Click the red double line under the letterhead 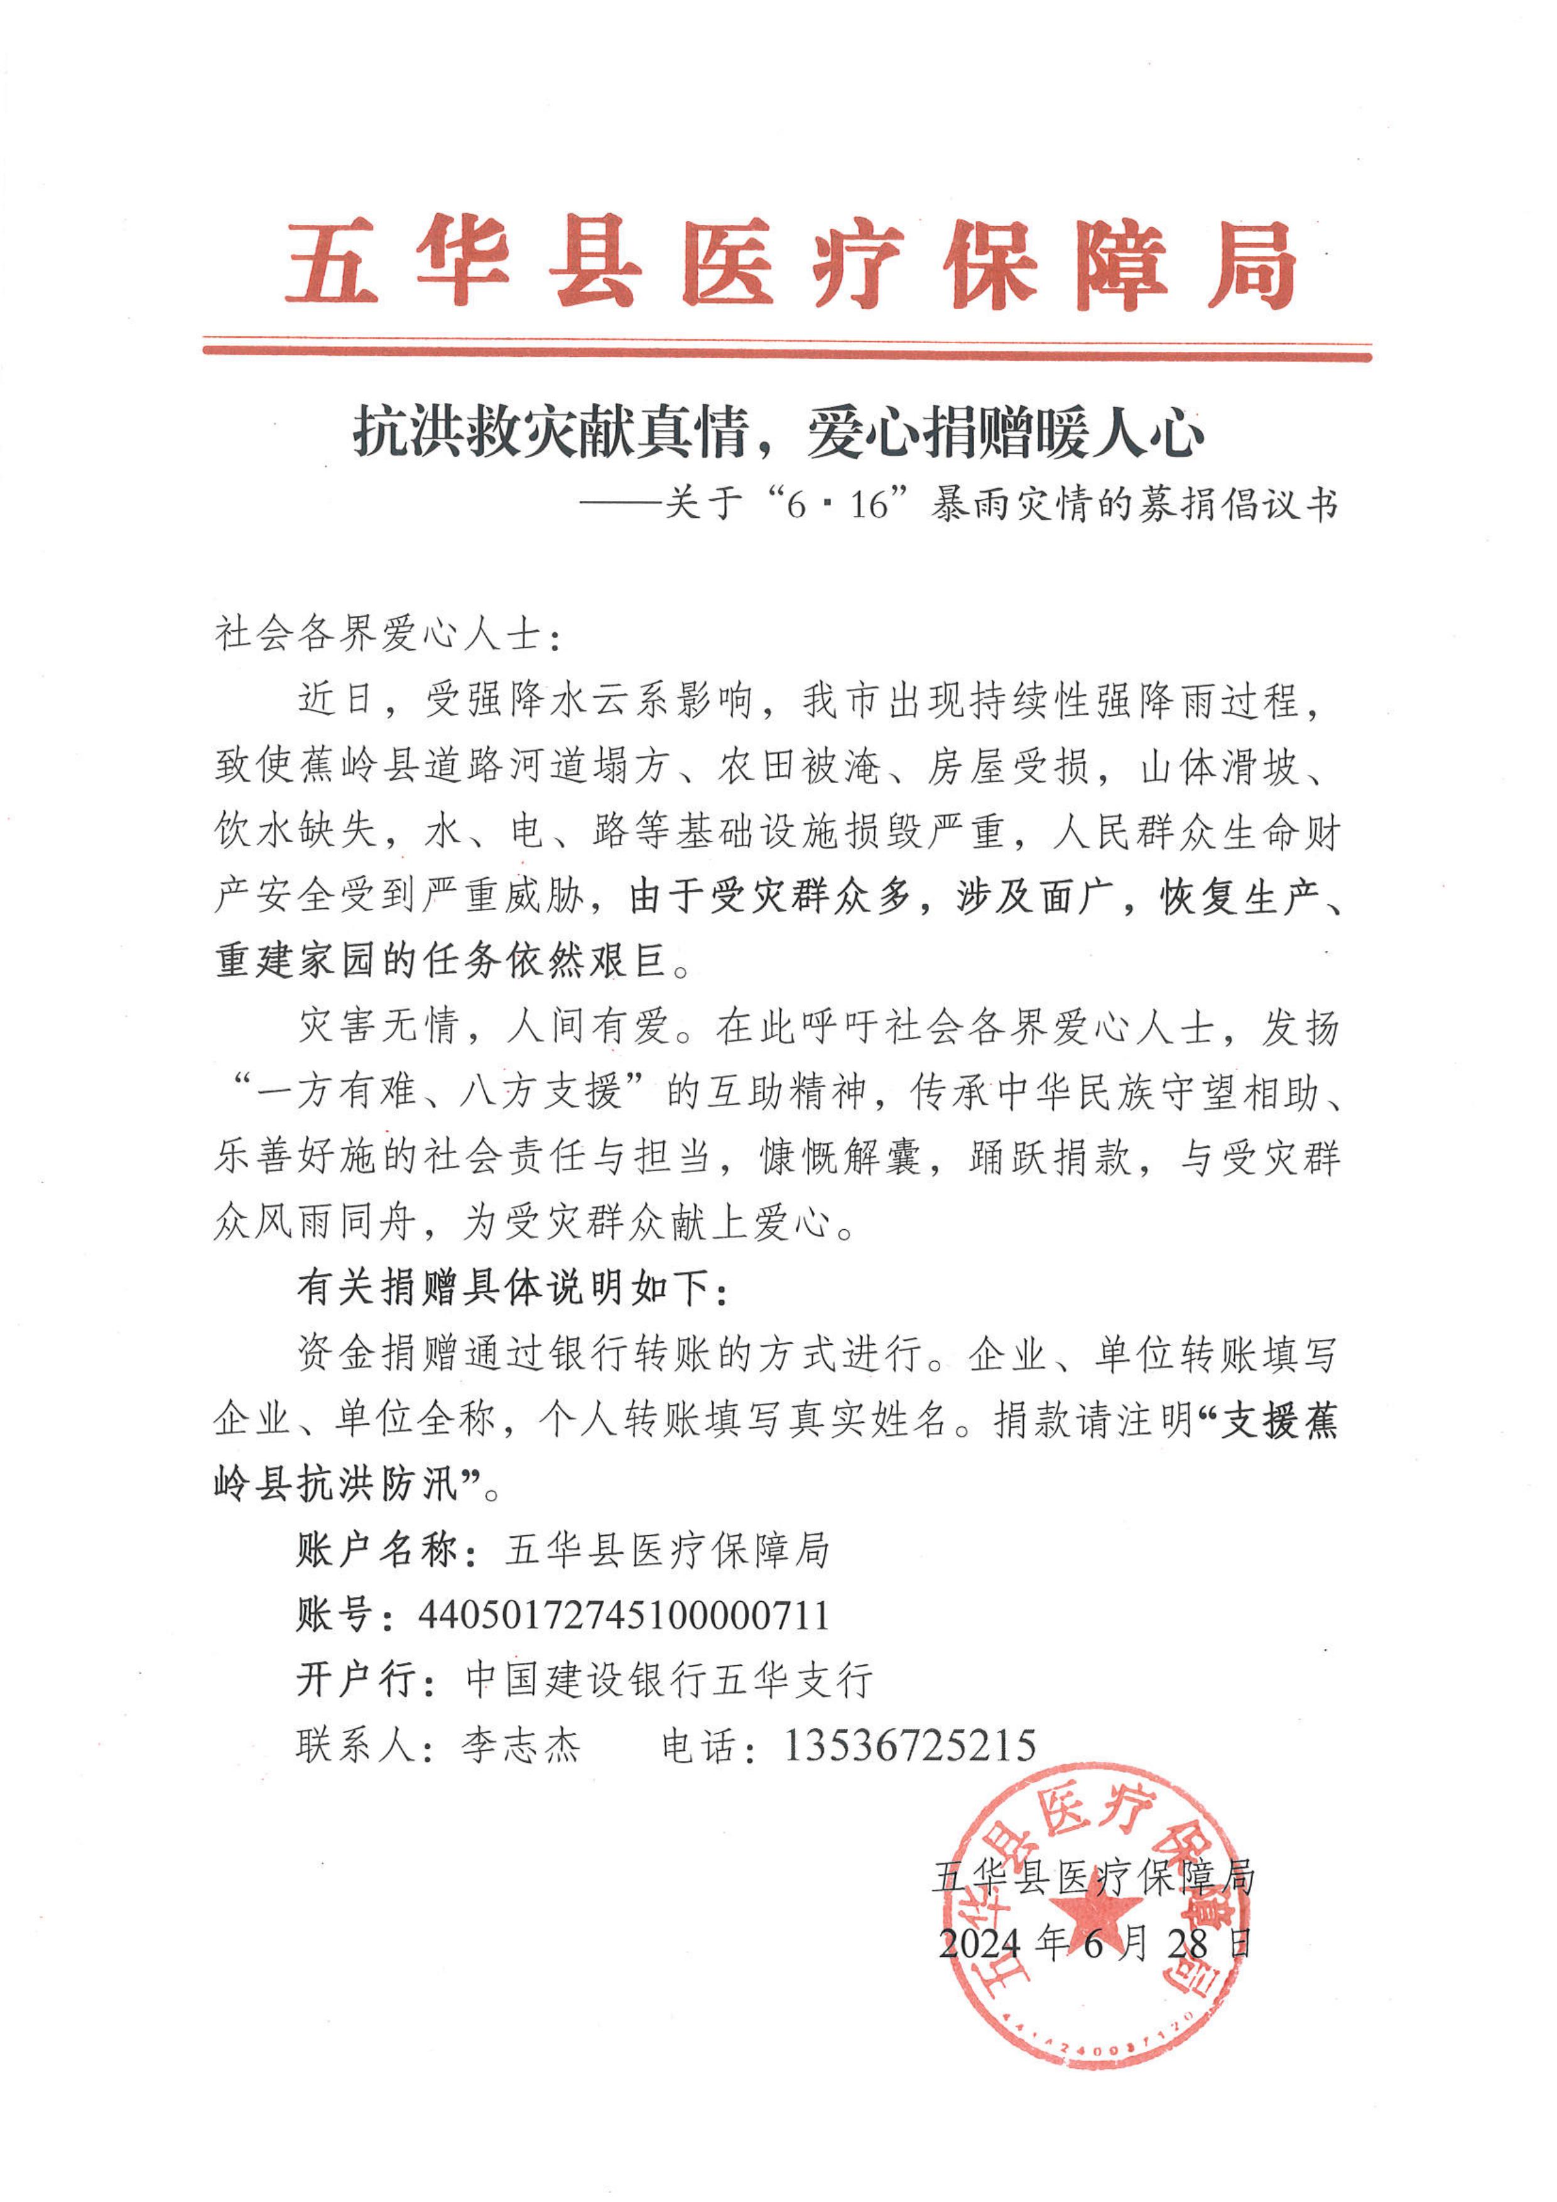pos(786,351)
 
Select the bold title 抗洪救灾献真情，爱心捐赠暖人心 pos(779,434)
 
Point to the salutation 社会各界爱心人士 pos(379,635)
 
